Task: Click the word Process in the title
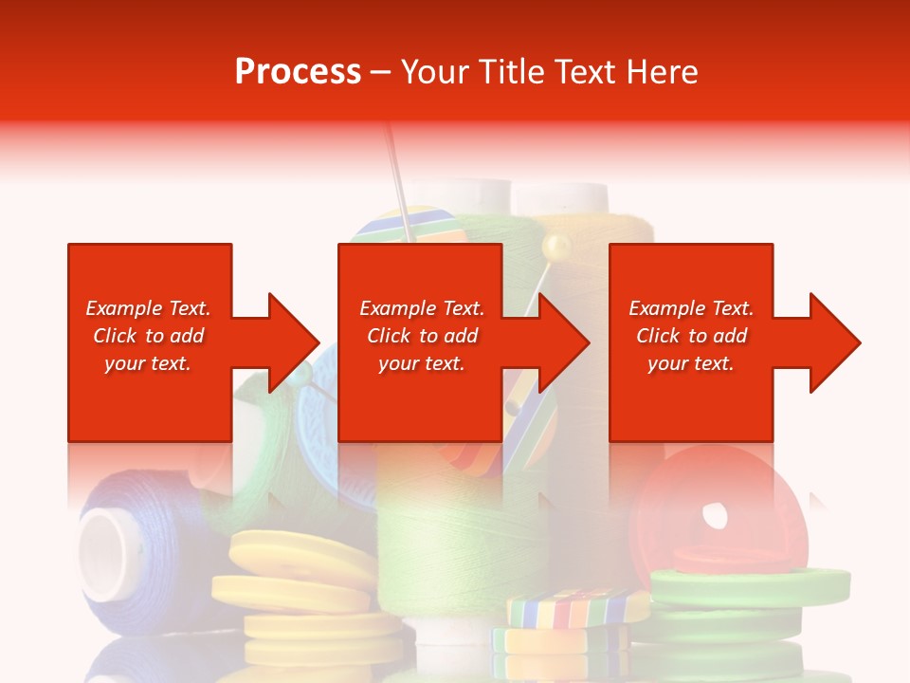[298, 72]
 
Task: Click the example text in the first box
[149, 336]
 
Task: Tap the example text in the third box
[691, 336]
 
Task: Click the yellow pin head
[555, 249]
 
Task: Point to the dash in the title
[381, 73]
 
